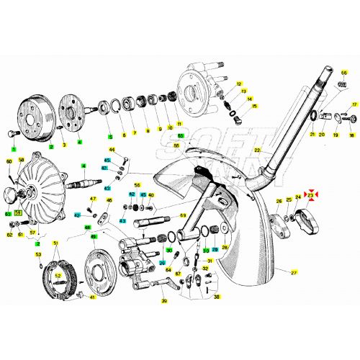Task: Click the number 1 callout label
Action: [x=13, y=148]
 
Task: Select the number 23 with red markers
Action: [x=311, y=195]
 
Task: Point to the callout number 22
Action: [x=256, y=149]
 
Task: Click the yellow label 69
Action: [x=183, y=215]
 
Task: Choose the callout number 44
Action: [x=112, y=149]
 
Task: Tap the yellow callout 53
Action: [x=38, y=255]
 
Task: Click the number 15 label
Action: [x=255, y=106]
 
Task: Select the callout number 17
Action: [x=354, y=105]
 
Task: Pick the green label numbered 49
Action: [x=94, y=236]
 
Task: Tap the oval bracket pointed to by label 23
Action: [x=309, y=217]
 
